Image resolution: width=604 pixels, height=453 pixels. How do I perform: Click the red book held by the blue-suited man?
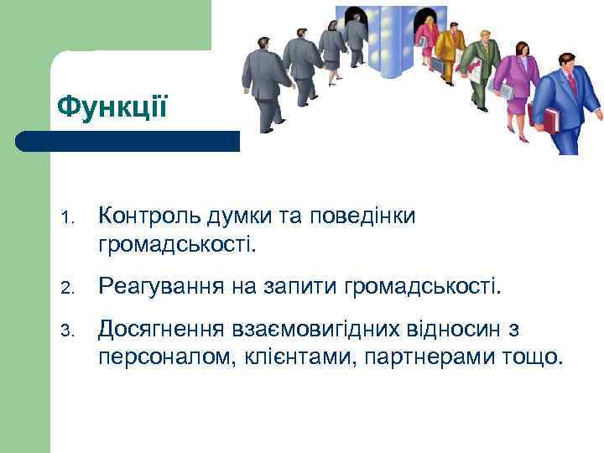coord(551,120)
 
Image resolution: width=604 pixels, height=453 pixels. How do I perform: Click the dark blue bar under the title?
coord(126,141)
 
